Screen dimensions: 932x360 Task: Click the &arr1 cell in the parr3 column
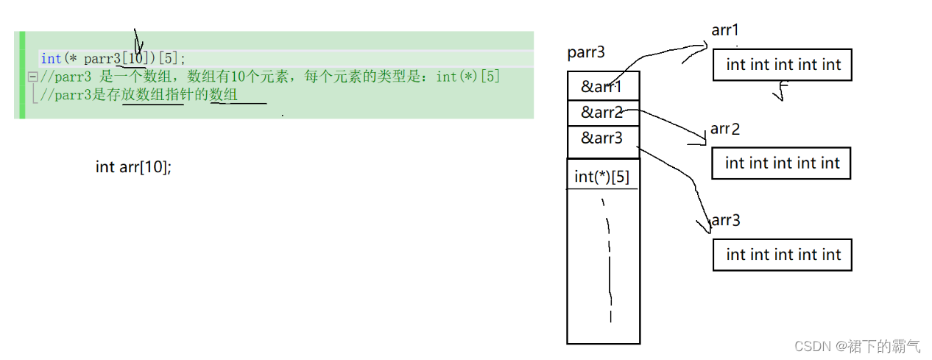pos(602,86)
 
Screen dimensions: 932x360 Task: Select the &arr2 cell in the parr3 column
pos(602,113)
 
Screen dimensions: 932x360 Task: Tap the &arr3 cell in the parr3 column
pos(602,138)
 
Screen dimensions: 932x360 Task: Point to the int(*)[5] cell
pos(602,177)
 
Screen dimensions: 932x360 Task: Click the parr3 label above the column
pos(587,53)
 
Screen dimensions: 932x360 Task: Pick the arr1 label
pos(725,30)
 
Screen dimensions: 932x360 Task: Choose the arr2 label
pos(725,130)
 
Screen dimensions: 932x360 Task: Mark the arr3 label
pos(726,220)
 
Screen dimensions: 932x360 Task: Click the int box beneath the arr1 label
pos(783,65)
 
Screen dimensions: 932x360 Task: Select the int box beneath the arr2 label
pos(782,163)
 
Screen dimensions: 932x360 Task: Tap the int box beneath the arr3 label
pos(783,255)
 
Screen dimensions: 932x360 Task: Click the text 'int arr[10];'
pos(133,167)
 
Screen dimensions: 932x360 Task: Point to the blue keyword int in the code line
pos(52,59)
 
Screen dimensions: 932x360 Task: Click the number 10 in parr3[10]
pos(136,59)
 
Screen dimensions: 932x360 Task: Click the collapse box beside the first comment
pos(32,77)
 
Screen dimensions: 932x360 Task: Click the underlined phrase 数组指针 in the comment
pos(153,96)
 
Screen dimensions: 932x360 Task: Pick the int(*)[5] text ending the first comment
pos(468,77)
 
